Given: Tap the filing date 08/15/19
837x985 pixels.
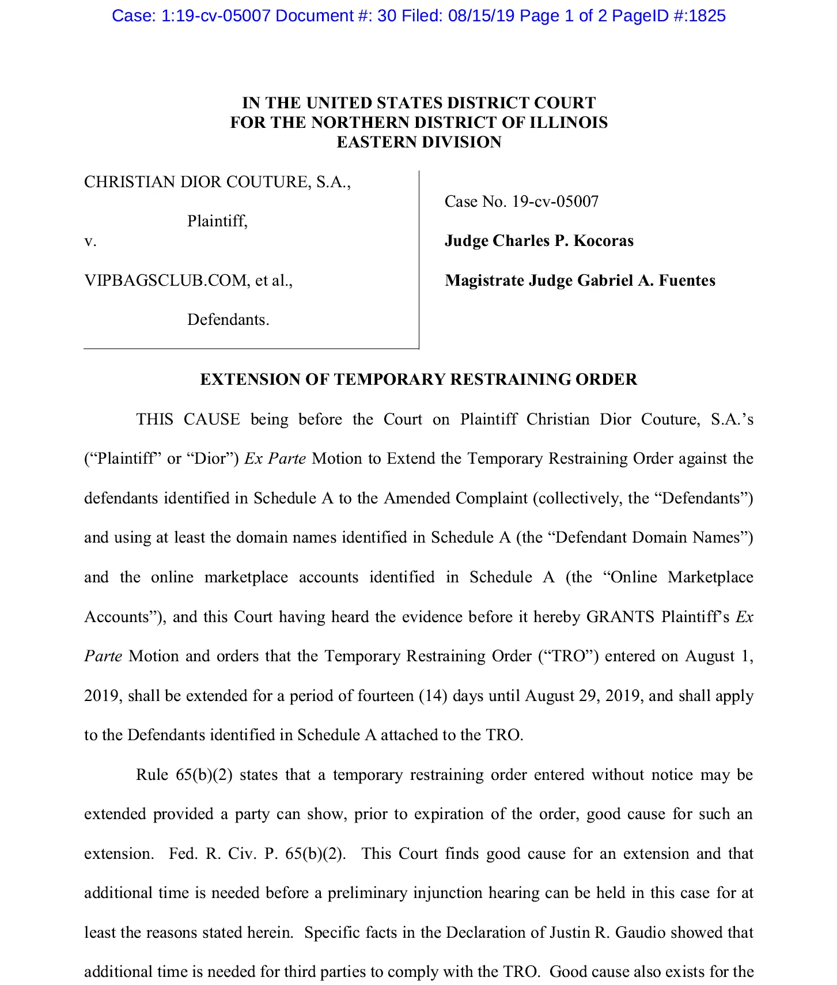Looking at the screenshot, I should (481, 16).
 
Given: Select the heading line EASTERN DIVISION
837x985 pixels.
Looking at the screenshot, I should (419, 142).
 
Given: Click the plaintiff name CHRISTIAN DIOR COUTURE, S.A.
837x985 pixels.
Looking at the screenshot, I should (217, 182).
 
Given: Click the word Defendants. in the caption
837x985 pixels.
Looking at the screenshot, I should (228, 320).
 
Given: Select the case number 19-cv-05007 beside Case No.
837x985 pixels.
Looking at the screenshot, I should (555, 202).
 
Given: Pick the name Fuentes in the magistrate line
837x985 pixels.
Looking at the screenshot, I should (687, 281).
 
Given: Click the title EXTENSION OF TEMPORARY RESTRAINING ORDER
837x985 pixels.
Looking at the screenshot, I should (419, 379).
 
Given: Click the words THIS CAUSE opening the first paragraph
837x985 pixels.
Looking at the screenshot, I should (188, 419).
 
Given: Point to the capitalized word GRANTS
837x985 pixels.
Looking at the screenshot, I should (620, 617).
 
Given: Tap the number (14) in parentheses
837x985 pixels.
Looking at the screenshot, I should (433, 696).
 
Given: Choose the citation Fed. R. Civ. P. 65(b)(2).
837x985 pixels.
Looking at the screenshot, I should (257, 854).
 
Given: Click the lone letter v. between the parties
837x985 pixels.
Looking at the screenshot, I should (90, 241).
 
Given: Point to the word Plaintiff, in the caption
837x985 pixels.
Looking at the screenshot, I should (217, 221).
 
